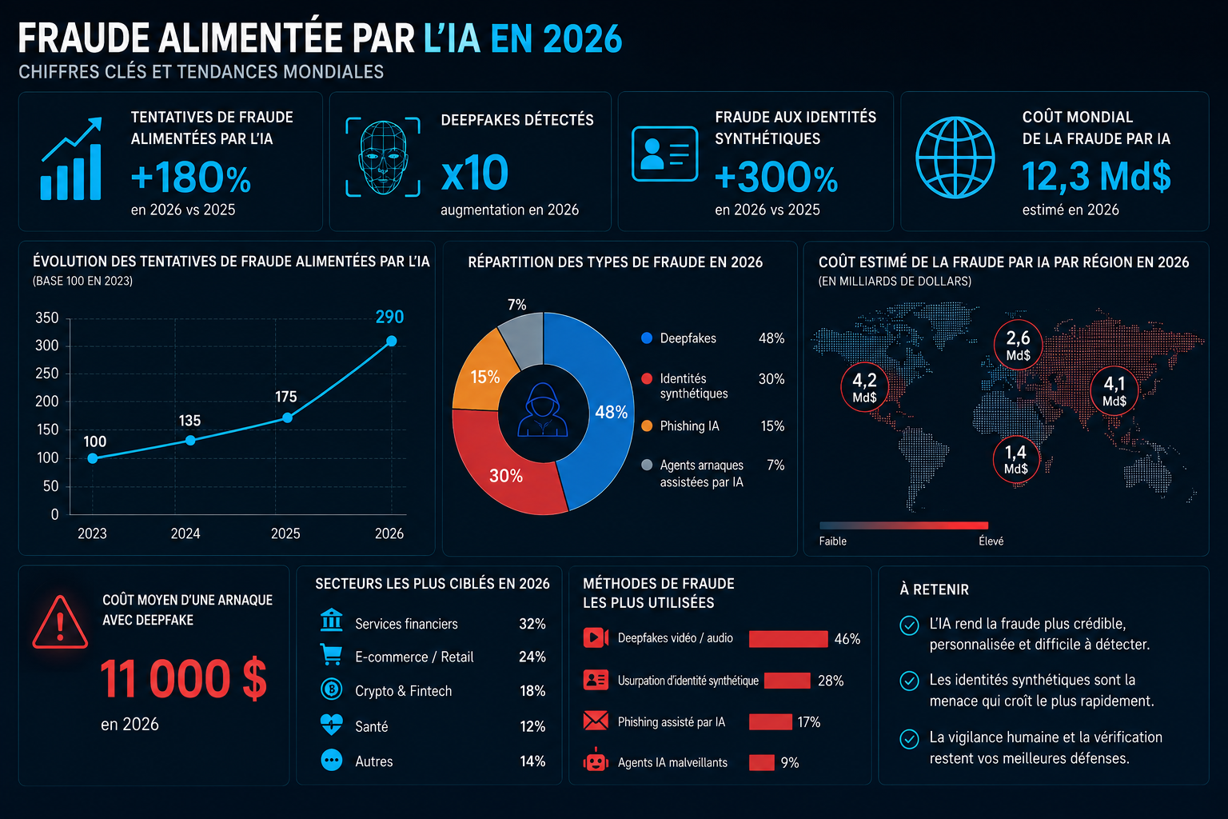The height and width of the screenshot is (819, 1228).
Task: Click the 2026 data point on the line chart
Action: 392,342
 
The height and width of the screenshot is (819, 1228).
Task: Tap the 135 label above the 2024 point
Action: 189,421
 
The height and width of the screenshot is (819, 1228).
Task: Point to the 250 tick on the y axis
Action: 47,374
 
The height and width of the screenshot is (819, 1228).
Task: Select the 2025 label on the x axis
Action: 285,533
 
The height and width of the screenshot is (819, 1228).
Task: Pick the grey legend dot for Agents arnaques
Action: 647,465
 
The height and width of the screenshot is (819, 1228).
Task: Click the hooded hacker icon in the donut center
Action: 543,409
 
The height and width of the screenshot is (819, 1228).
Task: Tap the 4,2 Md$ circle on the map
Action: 864,387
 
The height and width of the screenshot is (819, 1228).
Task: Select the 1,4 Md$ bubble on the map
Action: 1016,460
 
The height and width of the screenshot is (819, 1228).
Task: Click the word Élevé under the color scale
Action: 991,541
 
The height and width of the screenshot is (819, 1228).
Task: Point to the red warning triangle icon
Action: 60,622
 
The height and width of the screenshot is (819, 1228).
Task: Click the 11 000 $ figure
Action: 183,678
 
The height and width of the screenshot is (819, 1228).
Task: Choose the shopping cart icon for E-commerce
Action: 331,654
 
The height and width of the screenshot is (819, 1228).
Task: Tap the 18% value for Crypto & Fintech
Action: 532,691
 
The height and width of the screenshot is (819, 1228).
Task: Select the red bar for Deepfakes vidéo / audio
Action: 788,638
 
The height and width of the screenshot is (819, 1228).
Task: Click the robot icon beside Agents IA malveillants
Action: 596,761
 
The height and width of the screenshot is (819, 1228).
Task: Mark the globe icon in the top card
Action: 955,158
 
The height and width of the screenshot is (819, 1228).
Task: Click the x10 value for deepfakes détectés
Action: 475,173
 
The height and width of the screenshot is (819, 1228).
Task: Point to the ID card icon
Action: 664,154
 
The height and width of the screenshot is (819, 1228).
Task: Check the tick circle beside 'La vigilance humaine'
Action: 910,739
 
